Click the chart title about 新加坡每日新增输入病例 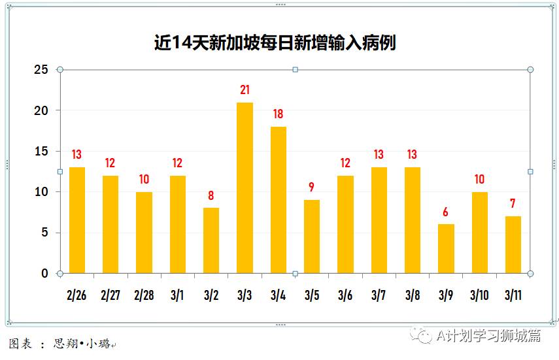(275, 43)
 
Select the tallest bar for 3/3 (245, 188)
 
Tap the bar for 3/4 (279, 200)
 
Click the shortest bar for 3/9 (446, 249)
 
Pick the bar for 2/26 (77, 220)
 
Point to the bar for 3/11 (513, 244)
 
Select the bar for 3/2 (211, 240)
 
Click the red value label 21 (245, 90)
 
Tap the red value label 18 (279, 114)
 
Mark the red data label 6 (446, 212)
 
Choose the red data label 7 (513, 204)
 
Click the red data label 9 (312, 188)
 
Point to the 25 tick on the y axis (41, 69)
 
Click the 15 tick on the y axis (41, 151)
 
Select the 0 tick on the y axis (44, 273)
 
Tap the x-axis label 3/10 (479, 295)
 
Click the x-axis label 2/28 (144, 295)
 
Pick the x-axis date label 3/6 (345, 295)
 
